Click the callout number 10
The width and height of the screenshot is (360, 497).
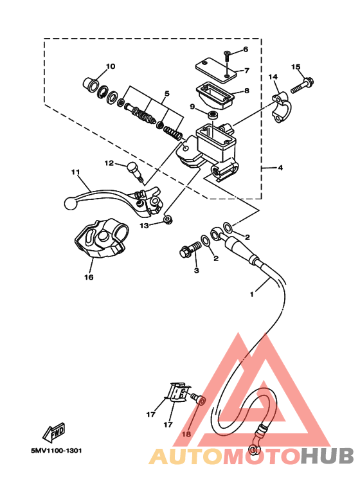(x=111, y=66)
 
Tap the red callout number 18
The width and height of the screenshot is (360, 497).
(x=186, y=434)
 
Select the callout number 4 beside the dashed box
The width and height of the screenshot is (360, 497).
(x=280, y=167)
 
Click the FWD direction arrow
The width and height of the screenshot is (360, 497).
(x=54, y=433)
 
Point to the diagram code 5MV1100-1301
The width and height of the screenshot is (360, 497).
(x=57, y=451)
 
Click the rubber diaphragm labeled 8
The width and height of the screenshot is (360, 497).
(x=215, y=95)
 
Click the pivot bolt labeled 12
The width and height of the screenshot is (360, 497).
(x=135, y=172)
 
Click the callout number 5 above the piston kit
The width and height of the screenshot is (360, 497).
(x=166, y=93)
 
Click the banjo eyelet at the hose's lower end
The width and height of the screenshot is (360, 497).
(x=253, y=449)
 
